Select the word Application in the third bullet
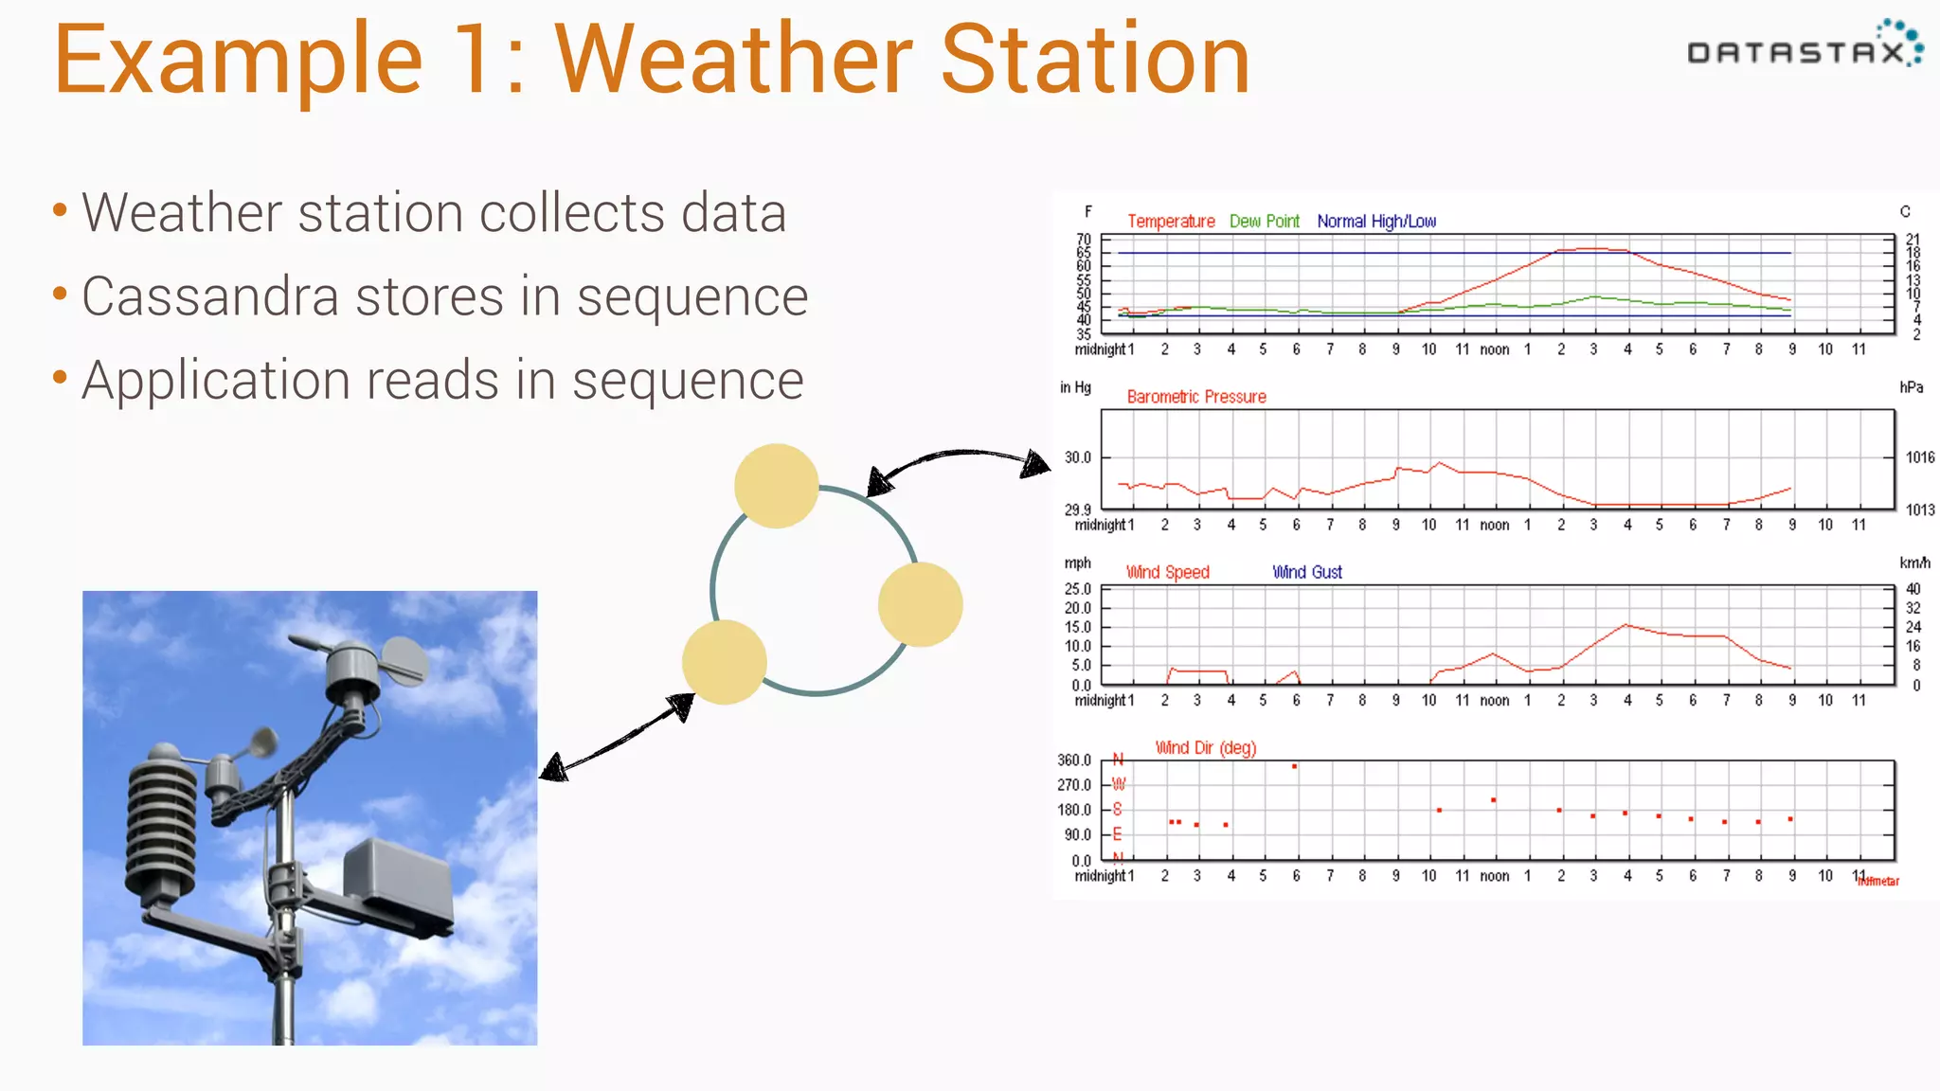[x=216, y=381]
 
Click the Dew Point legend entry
[x=1264, y=222]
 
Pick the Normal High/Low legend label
[x=1375, y=222]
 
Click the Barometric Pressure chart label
[x=1195, y=397]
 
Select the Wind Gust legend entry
[x=1306, y=572]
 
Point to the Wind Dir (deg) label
[x=1205, y=748]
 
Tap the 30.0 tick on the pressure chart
[x=1077, y=457]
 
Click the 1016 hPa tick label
[x=1919, y=457]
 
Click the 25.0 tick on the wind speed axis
[x=1077, y=589]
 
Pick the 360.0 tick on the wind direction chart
[x=1074, y=760]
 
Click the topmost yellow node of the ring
[x=776, y=486]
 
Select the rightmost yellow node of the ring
[x=920, y=604]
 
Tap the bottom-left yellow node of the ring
[x=724, y=662]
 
